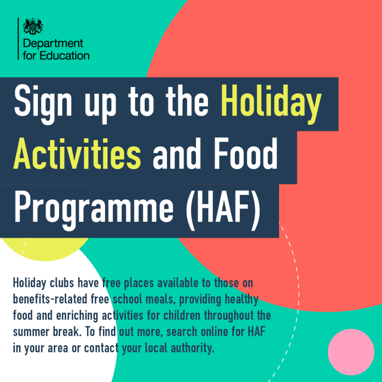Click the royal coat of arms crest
pos(33,26)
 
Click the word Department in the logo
pos(53,44)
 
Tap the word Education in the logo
pos(64,56)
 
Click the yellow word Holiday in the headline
pos(271,103)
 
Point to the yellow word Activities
pos(77,154)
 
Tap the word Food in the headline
pos(246,154)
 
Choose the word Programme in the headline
pos(94,209)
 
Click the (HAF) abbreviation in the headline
pos(223,209)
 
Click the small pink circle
pos(351,352)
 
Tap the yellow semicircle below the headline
pos(46,249)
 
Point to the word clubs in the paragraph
pos(62,283)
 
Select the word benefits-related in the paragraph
pos(50,299)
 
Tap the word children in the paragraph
pos(182,315)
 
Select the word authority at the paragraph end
pos(192,348)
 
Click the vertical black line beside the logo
pos(18,38)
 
